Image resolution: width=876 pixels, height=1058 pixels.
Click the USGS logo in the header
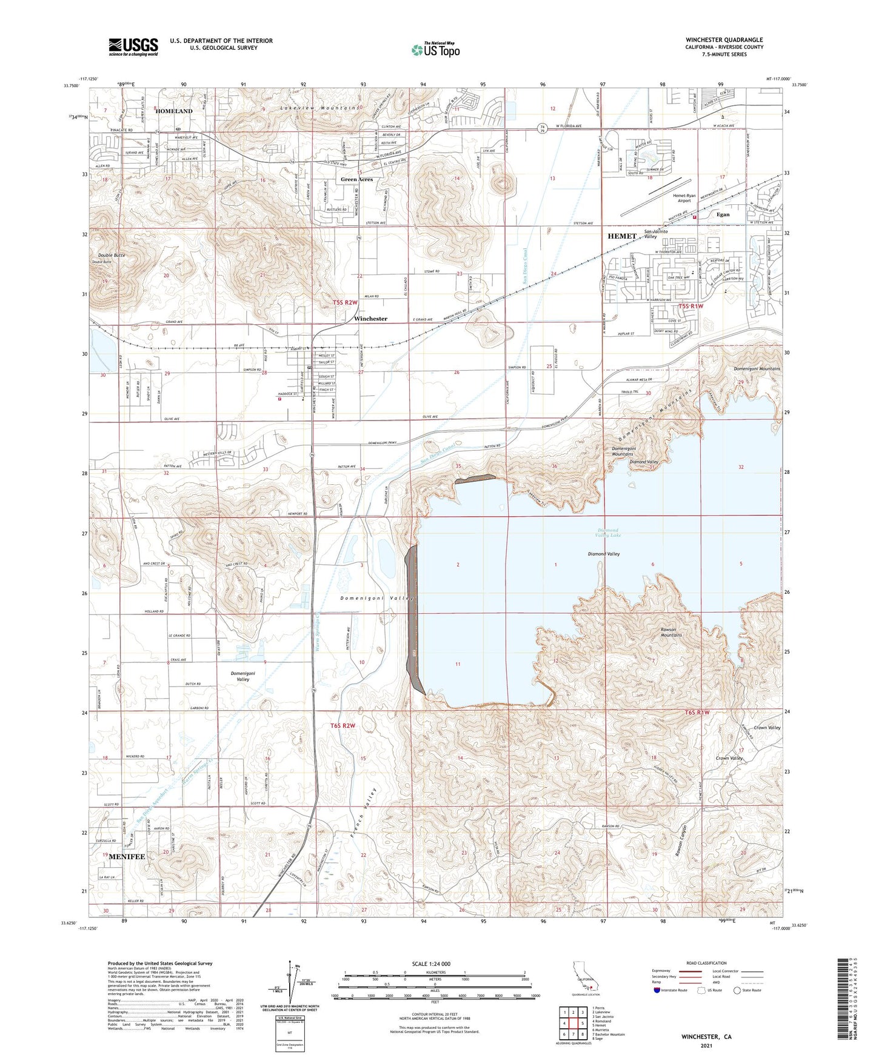pyautogui.click(x=133, y=46)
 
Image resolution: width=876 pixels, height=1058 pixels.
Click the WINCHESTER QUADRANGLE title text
pyautogui.click(x=724, y=40)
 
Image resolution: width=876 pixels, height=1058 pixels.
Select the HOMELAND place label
pyautogui.click(x=173, y=111)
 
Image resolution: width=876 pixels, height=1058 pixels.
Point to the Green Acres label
pyautogui.click(x=356, y=179)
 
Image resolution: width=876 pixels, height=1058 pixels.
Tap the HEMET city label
pyautogui.click(x=622, y=236)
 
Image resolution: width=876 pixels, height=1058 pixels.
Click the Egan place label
pyautogui.click(x=723, y=215)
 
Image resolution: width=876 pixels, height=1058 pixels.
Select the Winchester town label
pyautogui.click(x=370, y=319)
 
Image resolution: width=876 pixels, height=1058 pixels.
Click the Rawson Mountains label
pyautogui.click(x=671, y=632)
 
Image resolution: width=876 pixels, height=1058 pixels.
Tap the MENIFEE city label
pyautogui.click(x=127, y=857)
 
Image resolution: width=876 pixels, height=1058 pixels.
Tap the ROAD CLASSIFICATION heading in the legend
pyautogui.click(x=707, y=963)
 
